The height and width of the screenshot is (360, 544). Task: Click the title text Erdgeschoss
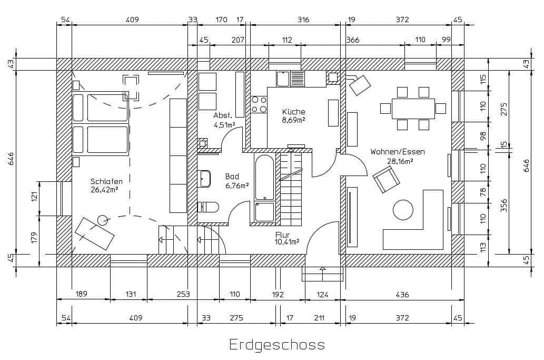pyautogui.click(x=277, y=345)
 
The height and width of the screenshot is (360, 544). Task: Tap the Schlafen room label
pyautogui.click(x=106, y=181)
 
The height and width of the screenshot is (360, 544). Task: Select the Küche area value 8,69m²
pyautogui.click(x=293, y=120)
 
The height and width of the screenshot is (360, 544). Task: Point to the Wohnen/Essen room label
pyautogui.click(x=397, y=152)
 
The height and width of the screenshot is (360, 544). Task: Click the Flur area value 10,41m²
pyautogui.click(x=287, y=242)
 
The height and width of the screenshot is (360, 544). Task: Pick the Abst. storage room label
pyautogui.click(x=223, y=115)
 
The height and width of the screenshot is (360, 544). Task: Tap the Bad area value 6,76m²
pyautogui.click(x=236, y=186)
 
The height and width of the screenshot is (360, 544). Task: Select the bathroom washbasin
pyautogui.click(x=204, y=179)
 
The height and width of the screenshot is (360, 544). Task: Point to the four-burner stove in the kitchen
pyautogui.click(x=259, y=104)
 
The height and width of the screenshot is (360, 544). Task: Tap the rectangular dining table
pyautogui.click(x=413, y=109)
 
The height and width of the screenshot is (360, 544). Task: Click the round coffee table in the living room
pyautogui.click(x=403, y=210)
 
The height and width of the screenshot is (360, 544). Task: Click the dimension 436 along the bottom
pyautogui.click(x=402, y=295)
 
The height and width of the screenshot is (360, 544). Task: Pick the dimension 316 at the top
pyautogui.click(x=303, y=20)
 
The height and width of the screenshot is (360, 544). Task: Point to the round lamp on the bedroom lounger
pyautogui.click(x=102, y=220)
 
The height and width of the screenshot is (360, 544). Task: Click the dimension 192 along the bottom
pyautogui.click(x=278, y=295)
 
